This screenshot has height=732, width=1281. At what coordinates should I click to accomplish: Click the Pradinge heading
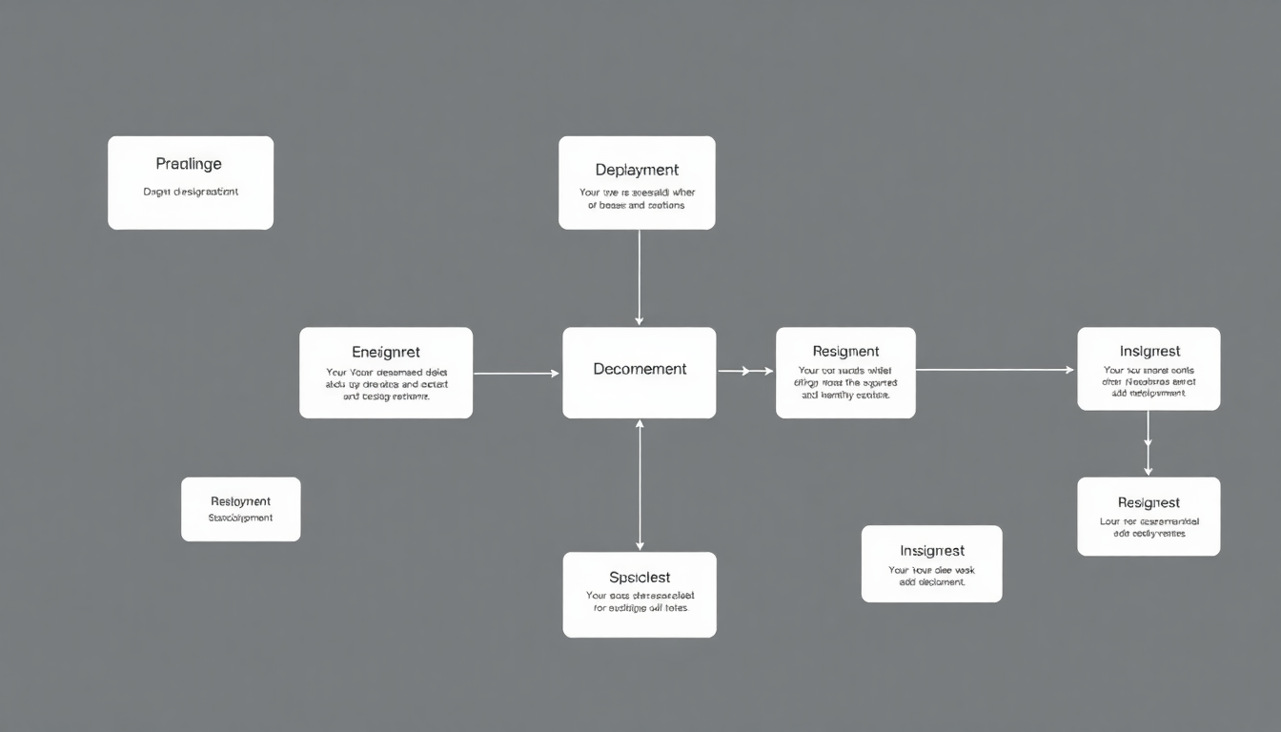(189, 165)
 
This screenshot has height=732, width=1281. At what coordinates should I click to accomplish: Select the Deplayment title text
(637, 171)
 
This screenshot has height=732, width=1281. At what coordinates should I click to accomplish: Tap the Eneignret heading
(386, 353)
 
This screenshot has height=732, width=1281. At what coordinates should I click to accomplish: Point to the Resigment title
(845, 352)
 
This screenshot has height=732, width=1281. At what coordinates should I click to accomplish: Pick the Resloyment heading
(240, 501)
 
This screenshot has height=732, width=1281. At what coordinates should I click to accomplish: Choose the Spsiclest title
(639, 578)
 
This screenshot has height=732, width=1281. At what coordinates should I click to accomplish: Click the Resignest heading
(1149, 502)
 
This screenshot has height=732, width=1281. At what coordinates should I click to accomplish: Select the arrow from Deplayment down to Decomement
(639, 276)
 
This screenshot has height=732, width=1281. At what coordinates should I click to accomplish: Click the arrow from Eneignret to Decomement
(516, 374)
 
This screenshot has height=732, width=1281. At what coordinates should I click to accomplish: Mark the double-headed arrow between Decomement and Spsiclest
(640, 485)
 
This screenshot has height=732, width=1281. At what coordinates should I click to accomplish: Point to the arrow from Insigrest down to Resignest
(1148, 442)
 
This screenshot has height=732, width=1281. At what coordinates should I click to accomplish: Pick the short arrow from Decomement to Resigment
(745, 371)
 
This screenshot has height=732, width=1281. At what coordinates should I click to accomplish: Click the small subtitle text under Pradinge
(191, 192)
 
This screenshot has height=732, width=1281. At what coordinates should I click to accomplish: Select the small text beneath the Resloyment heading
(240, 518)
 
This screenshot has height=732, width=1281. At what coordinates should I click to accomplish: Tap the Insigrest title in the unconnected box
(931, 551)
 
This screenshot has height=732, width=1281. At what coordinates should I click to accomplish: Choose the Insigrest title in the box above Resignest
(1149, 352)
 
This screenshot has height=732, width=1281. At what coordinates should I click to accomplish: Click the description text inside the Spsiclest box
(639, 601)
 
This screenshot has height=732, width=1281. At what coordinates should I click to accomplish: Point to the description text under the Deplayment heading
(637, 198)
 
